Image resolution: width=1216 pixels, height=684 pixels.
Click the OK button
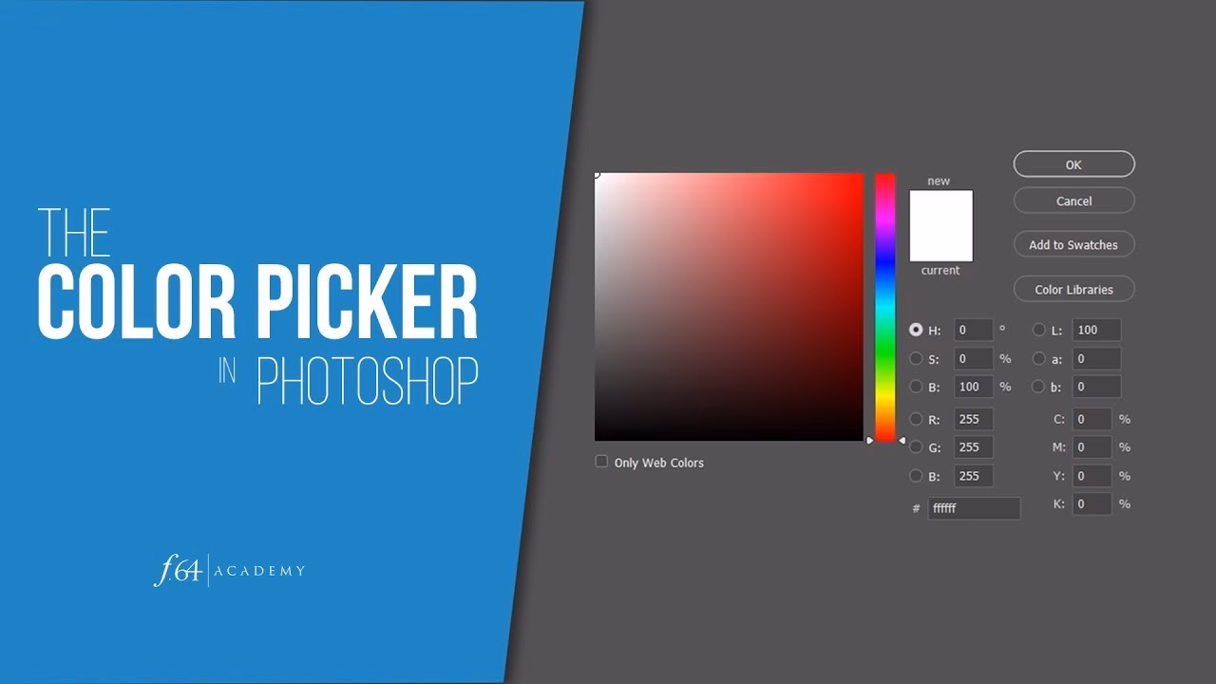pyautogui.click(x=1073, y=164)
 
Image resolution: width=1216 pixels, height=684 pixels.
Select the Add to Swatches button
pyautogui.click(x=1073, y=245)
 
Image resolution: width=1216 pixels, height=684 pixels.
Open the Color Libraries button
pyautogui.click(x=1073, y=290)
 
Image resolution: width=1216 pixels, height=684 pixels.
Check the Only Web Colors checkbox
pyautogui.click(x=601, y=462)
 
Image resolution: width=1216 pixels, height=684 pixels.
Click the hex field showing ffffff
pyautogui.click(x=974, y=508)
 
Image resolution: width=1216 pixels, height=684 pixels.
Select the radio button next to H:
pyautogui.click(x=916, y=330)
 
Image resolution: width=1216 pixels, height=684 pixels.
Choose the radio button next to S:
pyautogui.click(x=916, y=358)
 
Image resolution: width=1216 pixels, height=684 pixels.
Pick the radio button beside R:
pyautogui.click(x=916, y=419)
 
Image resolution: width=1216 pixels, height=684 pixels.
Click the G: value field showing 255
pyautogui.click(x=974, y=447)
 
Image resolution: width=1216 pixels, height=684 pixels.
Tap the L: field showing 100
pyautogui.click(x=1096, y=331)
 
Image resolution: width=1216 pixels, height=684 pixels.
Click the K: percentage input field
pyautogui.click(x=1092, y=504)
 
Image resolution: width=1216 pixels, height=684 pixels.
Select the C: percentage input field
pyautogui.click(x=1092, y=419)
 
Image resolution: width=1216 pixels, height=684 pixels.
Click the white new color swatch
pyautogui.click(x=940, y=225)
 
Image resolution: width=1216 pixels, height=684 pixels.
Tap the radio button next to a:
pyautogui.click(x=1038, y=358)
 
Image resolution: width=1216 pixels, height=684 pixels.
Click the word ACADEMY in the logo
pyautogui.click(x=260, y=571)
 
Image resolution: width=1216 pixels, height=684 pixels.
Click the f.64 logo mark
pyautogui.click(x=177, y=570)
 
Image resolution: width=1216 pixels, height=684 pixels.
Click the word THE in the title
pyautogui.click(x=73, y=233)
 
